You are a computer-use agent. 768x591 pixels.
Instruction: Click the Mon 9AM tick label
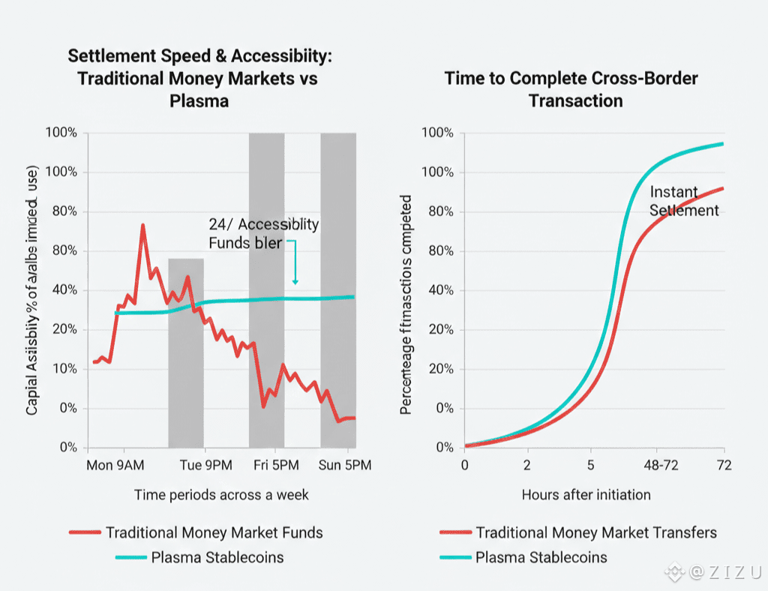[116, 466]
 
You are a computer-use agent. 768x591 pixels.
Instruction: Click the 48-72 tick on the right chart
[661, 466]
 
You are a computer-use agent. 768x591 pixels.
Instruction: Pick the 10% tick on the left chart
[64, 369]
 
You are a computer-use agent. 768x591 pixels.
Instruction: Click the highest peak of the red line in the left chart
[142, 225]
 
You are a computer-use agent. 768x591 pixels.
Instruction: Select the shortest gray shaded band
[186, 352]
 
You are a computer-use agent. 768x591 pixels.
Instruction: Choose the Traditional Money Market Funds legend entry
[214, 533]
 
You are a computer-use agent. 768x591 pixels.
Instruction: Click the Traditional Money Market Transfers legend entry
[596, 533]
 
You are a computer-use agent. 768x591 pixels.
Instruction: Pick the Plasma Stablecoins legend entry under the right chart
[541, 557]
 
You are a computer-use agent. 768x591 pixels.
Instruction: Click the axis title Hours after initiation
[586, 495]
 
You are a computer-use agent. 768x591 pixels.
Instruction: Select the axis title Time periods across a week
[221, 495]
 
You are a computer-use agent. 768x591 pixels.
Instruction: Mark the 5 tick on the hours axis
[590, 466]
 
